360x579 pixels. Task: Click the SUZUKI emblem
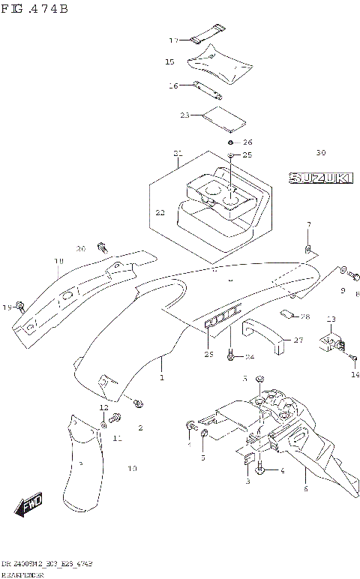pyautogui.click(x=319, y=178)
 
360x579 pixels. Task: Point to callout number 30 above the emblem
pyautogui.click(x=320, y=152)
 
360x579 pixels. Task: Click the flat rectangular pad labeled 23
pyautogui.click(x=225, y=117)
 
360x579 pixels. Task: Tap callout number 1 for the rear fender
pyautogui.click(x=160, y=380)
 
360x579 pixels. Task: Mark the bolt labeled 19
pyautogui.click(x=21, y=305)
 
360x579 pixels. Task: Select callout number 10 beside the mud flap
pyautogui.click(x=132, y=469)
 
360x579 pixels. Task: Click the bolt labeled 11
pyautogui.click(x=115, y=417)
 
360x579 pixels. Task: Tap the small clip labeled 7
pyautogui.click(x=308, y=247)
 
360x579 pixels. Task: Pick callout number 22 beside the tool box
pyautogui.click(x=159, y=212)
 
